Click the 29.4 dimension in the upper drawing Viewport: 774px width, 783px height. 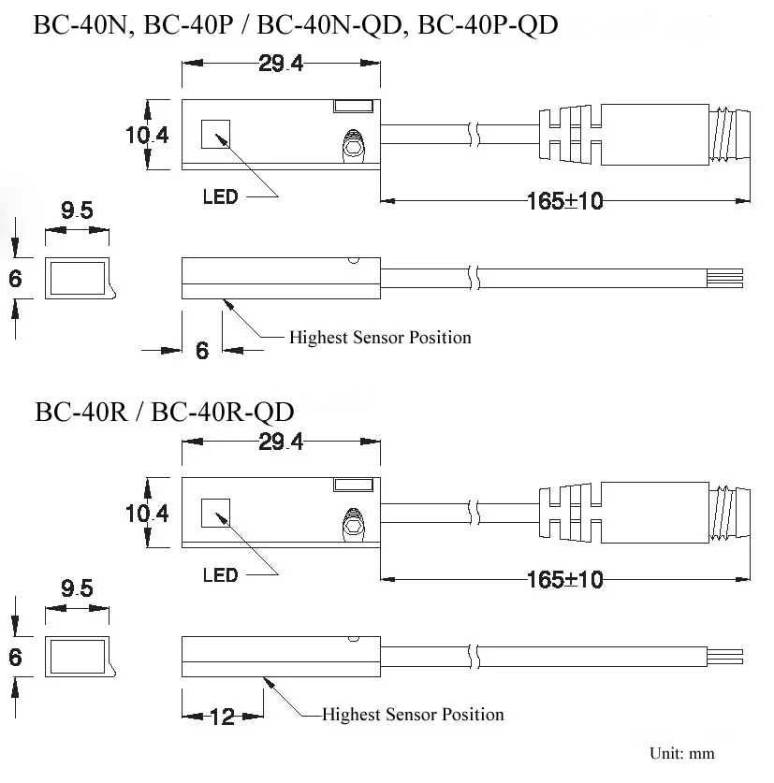(281, 64)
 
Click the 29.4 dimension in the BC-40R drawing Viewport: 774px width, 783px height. (281, 442)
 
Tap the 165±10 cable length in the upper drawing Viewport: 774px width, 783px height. (565, 201)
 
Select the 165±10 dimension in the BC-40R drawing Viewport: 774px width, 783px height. (565, 580)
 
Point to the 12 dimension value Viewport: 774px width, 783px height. (223, 718)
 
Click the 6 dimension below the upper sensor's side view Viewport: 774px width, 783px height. (202, 350)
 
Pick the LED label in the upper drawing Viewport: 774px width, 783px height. (220, 196)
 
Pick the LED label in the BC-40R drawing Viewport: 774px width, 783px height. (220, 575)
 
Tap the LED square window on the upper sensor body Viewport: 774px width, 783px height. (216, 134)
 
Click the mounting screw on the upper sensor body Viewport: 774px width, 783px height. (354, 146)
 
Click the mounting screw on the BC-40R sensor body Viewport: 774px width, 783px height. (354, 524)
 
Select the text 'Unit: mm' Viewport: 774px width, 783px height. (682, 753)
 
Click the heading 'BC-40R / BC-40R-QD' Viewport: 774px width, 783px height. (165, 413)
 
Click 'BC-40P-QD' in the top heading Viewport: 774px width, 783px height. (488, 25)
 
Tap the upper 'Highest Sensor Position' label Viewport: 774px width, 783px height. (380, 337)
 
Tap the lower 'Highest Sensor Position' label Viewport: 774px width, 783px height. (413, 714)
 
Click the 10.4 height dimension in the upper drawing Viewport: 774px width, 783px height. (147, 135)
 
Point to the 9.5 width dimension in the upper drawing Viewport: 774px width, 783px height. (77, 210)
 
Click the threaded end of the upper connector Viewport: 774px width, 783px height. (729, 135)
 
